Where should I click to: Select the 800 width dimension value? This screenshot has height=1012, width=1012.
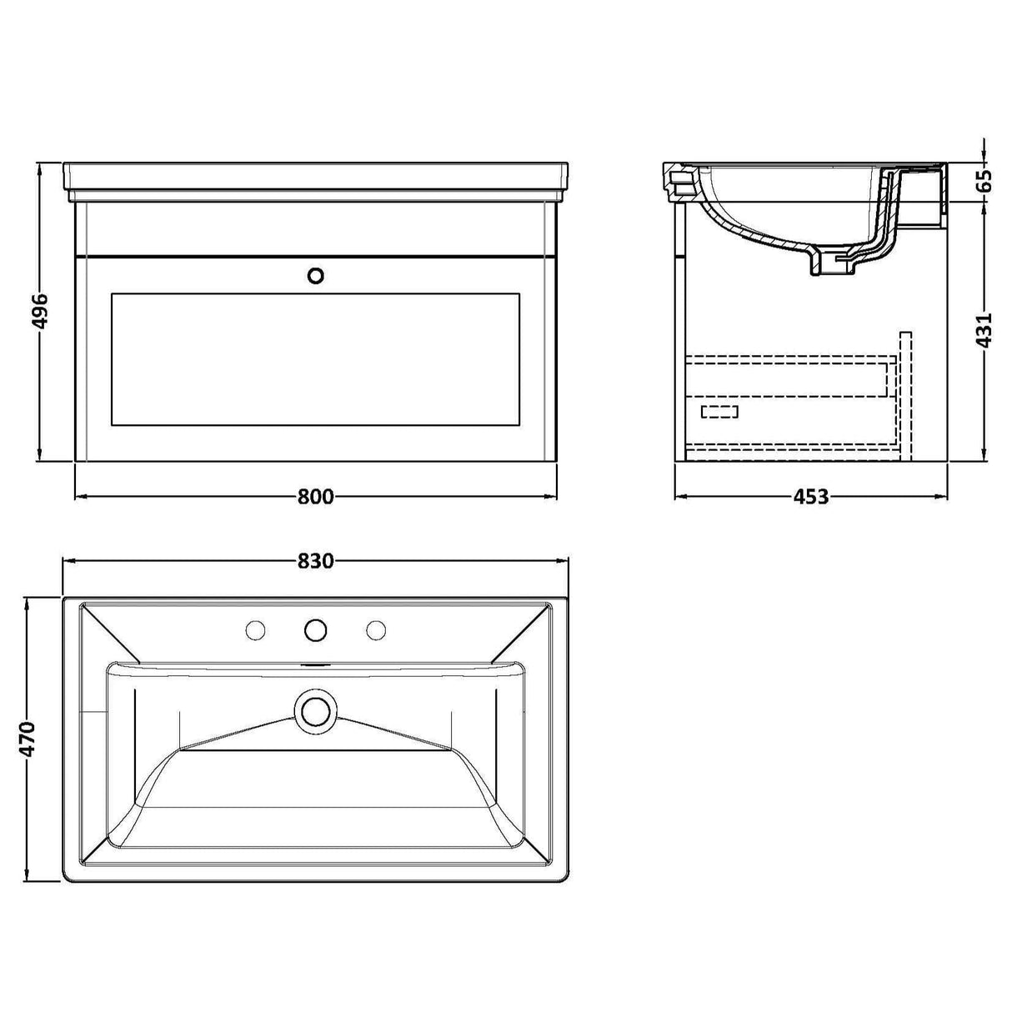(316, 497)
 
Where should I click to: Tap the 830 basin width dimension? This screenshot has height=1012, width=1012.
(316, 561)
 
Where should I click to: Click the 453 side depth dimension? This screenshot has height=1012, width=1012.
(810, 498)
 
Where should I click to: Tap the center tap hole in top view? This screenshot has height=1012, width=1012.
(315, 630)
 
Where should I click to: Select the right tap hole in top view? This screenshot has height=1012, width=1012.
(375, 630)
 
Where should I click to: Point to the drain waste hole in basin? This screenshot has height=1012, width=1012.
(315, 711)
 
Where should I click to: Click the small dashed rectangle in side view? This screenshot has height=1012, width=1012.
(720, 411)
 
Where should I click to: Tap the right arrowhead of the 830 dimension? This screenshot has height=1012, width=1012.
(563, 561)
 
